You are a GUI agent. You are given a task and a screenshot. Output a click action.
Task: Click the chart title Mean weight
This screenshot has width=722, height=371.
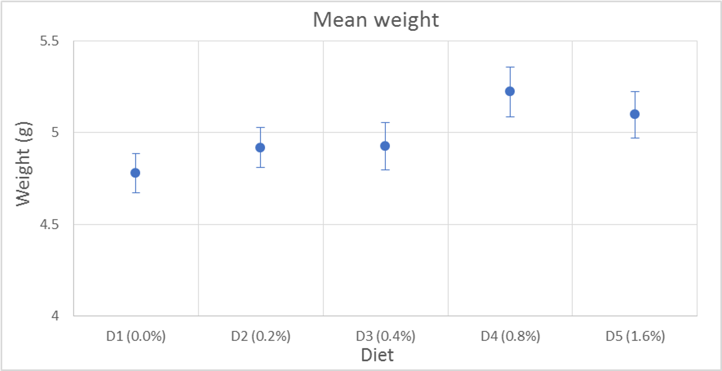click(x=376, y=20)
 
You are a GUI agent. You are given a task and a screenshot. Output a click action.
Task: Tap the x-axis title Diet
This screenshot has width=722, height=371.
click(x=377, y=355)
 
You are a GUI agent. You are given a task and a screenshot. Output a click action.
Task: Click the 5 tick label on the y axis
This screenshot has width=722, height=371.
click(x=56, y=133)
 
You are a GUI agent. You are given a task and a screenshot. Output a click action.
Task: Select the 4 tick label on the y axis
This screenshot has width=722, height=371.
click(x=56, y=316)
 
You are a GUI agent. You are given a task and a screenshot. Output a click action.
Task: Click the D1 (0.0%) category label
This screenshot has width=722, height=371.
click(x=136, y=337)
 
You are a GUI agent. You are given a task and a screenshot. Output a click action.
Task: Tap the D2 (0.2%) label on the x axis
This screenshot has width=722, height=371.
click(x=260, y=337)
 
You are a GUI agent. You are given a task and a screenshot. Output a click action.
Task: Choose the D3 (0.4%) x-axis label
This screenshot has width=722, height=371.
click(x=385, y=337)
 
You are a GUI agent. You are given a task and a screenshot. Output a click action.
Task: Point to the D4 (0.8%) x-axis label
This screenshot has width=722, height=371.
click(x=510, y=337)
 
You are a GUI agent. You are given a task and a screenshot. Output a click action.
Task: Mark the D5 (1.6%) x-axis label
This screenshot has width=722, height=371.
click(x=635, y=337)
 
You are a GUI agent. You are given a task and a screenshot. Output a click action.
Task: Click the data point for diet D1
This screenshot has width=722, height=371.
click(x=136, y=173)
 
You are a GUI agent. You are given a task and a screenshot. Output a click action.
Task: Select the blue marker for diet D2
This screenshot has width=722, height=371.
click(x=260, y=147)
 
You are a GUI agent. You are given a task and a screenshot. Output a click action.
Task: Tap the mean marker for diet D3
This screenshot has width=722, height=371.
click(x=385, y=146)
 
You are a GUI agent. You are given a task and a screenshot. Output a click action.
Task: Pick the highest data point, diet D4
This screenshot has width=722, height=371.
click(x=510, y=91)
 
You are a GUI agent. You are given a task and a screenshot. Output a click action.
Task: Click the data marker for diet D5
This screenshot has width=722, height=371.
click(x=634, y=114)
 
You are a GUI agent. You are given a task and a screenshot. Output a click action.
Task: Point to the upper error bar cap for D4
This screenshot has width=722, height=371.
click(x=510, y=67)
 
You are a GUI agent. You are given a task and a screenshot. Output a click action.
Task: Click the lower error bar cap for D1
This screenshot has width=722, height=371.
click(x=136, y=193)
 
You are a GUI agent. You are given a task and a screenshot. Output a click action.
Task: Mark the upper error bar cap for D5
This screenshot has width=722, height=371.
click(x=634, y=92)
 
